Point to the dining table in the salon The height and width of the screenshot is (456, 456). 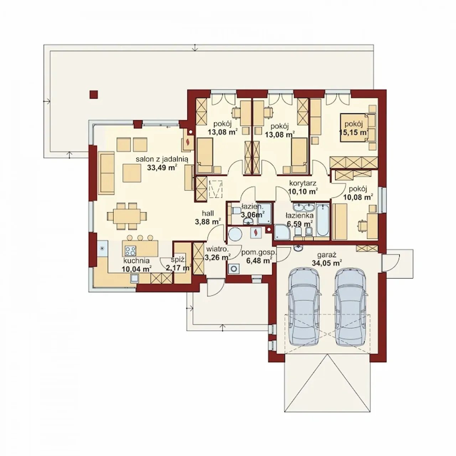click(x=126, y=216)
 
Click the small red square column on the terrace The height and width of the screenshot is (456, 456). click(x=94, y=94)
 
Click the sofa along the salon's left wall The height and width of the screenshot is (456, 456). click(x=107, y=173)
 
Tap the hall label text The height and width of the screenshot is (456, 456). click(x=208, y=213)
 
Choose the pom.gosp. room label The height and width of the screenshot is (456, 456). click(x=259, y=253)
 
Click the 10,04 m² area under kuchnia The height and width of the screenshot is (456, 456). click(x=137, y=269)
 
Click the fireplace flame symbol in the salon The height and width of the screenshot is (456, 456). click(x=188, y=142)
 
